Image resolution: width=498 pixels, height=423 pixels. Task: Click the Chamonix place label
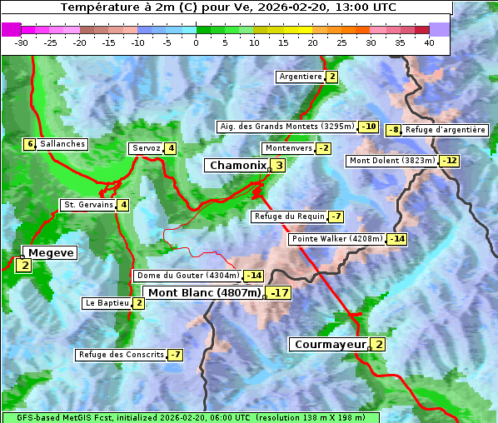coord(237,166)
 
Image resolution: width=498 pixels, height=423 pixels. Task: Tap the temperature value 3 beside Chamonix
coord(279,166)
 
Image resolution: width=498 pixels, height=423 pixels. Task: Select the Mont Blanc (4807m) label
coord(204,293)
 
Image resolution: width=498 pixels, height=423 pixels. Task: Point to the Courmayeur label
coord(330,344)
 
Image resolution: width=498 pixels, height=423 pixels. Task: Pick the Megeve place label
coord(51,252)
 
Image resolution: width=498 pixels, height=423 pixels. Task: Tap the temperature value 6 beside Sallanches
coord(30,144)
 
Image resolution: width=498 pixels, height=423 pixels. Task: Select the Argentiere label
coord(301,77)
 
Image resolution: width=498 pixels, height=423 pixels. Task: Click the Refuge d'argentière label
coord(445,130)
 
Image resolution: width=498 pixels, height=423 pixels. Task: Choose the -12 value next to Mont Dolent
coord(450,161)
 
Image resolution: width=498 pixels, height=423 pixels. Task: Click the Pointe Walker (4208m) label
coord(336,239)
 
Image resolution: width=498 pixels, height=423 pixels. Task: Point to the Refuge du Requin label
coord(289,216)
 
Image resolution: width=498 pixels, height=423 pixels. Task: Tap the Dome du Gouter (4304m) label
coord(187,276)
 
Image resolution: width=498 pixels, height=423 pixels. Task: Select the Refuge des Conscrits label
coord(121,355)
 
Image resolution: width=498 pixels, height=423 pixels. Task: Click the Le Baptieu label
coord(107,303)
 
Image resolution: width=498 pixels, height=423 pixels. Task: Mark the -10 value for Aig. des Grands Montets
coord(369,127)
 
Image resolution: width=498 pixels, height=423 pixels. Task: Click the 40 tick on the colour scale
coord(429,42)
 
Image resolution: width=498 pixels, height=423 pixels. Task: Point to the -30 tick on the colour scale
coord(22,42)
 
